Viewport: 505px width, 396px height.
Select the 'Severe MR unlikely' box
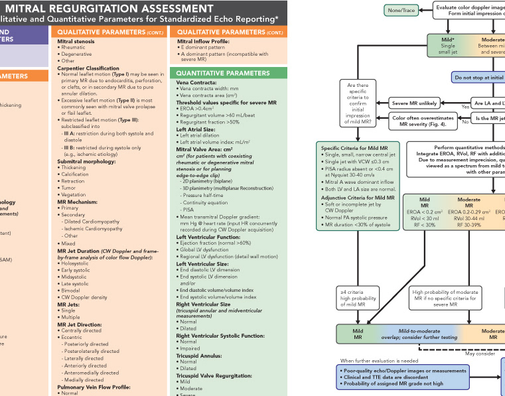click(x=415, y=103)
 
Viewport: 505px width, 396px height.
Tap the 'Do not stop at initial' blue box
click(x=478, y=78)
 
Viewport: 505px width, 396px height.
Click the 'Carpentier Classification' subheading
click(x=89, y=68)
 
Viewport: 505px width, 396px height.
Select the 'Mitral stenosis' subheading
click(x=76, y=41)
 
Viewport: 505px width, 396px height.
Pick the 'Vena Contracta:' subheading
click(x=196, y=82)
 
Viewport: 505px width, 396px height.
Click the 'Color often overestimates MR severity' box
click(x=423, y=121)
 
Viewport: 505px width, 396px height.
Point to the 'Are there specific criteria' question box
click(x=359, y=103)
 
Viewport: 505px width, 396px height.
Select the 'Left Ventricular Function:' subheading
click(x=207, y=237)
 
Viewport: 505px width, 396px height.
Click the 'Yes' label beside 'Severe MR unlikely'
click(x=465, y=107)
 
